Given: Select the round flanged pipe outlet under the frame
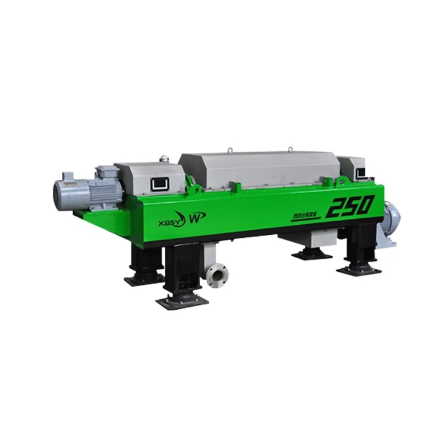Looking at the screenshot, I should coord(217,275).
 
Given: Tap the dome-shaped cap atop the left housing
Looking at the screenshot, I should coord(164,159).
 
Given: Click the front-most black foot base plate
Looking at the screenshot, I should coord(182,300).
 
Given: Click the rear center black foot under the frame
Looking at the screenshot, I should coord(312,254).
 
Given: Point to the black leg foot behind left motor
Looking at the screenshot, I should coord(145,277).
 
